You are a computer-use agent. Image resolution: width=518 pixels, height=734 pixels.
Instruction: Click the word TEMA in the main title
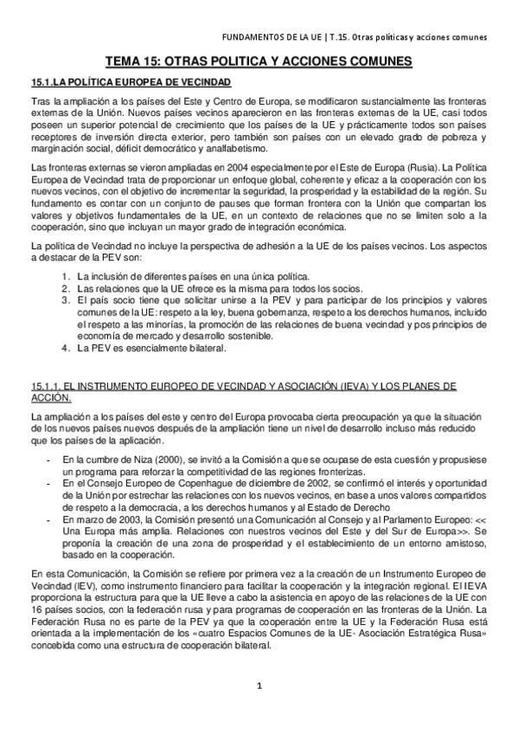(123, 62)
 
